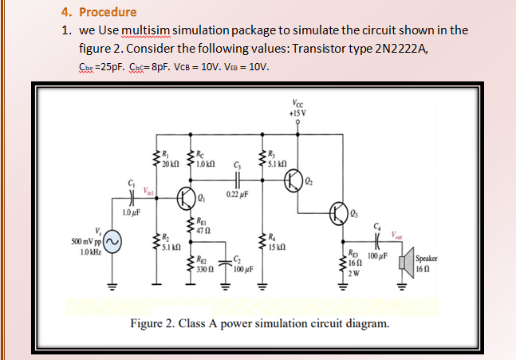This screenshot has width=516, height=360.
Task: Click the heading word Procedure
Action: click(x=107, y=12)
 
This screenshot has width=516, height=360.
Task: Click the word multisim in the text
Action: click(x=145, y=30)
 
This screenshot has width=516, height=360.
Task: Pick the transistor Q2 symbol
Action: click(x=296, y=180)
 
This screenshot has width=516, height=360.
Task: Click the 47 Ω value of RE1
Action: click(x=205, y=229)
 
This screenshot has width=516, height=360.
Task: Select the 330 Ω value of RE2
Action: click(x=207, y=269)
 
